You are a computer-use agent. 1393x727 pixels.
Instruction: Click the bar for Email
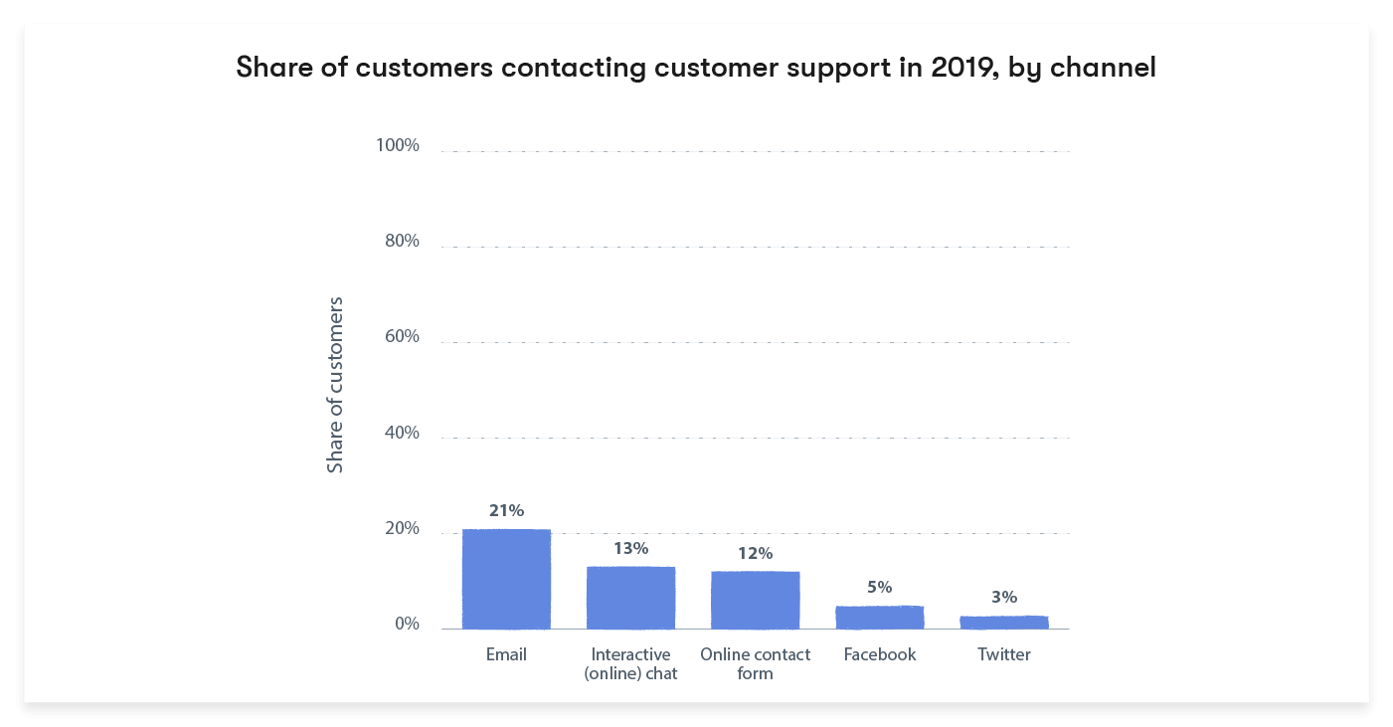coord(506,579)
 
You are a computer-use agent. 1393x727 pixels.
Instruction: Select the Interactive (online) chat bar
coord(630,598)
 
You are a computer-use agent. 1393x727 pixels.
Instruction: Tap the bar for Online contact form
coord(755,600)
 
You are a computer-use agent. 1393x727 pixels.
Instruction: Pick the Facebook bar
coord(879,617)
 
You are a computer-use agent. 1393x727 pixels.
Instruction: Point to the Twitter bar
coord(1003,623)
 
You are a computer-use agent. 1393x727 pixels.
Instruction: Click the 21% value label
coord(506,510)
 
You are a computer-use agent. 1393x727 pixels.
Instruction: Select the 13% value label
coord(630,548)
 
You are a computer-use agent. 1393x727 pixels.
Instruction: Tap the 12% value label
coord(755,553)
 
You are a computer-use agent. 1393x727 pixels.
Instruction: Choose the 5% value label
coord(879,587)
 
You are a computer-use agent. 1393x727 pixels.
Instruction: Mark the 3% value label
coord(1003,597)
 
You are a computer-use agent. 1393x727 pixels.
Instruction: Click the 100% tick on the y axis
coord(397,146)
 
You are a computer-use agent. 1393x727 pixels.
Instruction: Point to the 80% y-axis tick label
coord(402,242)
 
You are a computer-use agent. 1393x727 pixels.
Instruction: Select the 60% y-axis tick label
coord(402,337)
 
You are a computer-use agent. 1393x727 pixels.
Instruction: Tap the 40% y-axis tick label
coord(402,434)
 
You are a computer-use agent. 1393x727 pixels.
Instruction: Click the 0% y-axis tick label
coord(407,625)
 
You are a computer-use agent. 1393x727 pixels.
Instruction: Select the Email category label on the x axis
coord(506,654)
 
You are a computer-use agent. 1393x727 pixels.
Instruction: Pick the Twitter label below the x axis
coord(1003,654)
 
